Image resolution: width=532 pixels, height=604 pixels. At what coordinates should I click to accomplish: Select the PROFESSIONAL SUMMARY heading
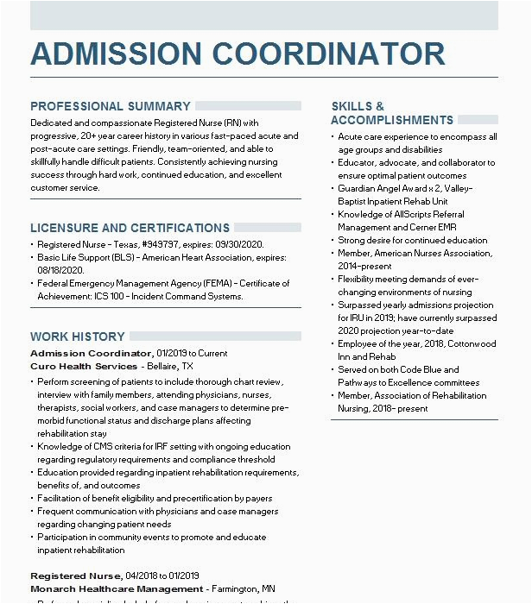[x=111, y=106]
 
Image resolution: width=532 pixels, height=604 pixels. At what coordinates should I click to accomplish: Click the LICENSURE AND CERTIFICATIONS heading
[x=130, y=228]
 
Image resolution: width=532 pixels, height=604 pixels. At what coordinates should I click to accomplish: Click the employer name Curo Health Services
[x=84, y=366]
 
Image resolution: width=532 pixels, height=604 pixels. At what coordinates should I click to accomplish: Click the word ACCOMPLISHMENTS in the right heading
[x=392, y=121]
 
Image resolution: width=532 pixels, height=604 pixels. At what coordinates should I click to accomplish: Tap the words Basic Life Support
[x=73, y=258]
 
